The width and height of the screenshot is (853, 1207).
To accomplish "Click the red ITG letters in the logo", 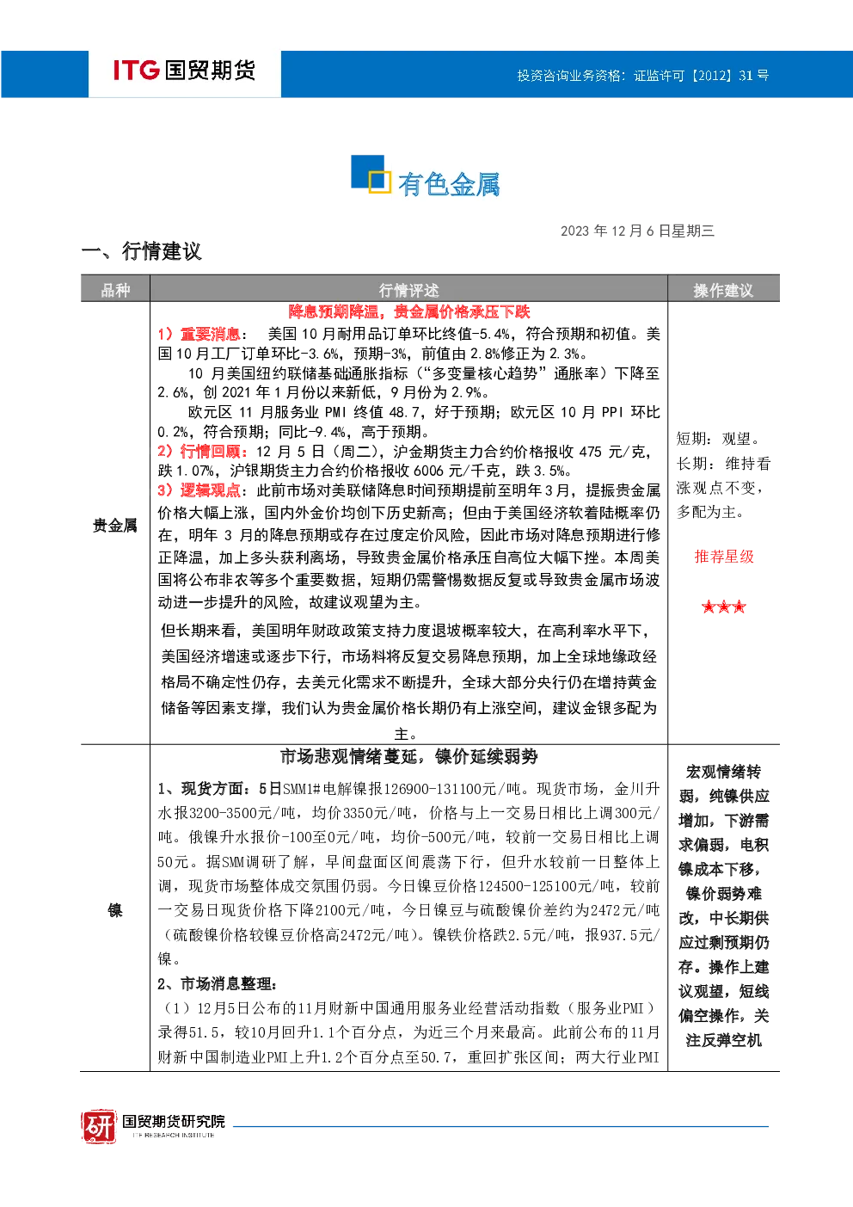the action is point(136,70).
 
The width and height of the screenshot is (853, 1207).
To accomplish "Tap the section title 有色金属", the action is point(449,184).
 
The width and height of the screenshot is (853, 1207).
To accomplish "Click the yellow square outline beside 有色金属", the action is point(379,182).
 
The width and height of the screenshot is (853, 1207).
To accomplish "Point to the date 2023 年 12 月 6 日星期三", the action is point(637,231).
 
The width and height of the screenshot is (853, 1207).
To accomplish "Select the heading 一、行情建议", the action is point(142,251).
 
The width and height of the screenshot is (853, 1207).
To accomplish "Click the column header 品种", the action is point(115,291).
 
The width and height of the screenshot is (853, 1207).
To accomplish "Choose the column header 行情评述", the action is point(408,291).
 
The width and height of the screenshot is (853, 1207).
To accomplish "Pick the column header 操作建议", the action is point(722,291).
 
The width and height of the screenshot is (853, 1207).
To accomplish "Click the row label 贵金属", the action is point(115,525).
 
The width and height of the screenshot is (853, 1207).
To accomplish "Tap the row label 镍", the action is point(115,910).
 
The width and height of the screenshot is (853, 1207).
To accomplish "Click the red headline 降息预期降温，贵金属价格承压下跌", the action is point(408,311).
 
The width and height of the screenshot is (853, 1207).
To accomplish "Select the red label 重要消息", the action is point(210,334).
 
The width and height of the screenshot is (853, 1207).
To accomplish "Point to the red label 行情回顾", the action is point(210,451).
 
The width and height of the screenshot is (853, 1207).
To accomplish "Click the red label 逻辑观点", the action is point(210,490).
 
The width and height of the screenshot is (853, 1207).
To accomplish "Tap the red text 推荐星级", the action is point(724,557).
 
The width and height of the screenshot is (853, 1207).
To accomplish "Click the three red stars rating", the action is point(724,607).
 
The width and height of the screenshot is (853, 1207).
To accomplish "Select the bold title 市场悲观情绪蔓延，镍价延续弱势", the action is point(408,757).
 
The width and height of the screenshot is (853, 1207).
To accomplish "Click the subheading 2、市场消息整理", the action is point(217,984).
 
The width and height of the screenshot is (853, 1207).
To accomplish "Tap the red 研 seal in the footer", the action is point(99,1126).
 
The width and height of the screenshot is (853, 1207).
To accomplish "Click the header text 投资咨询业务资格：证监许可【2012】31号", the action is point(642,76).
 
